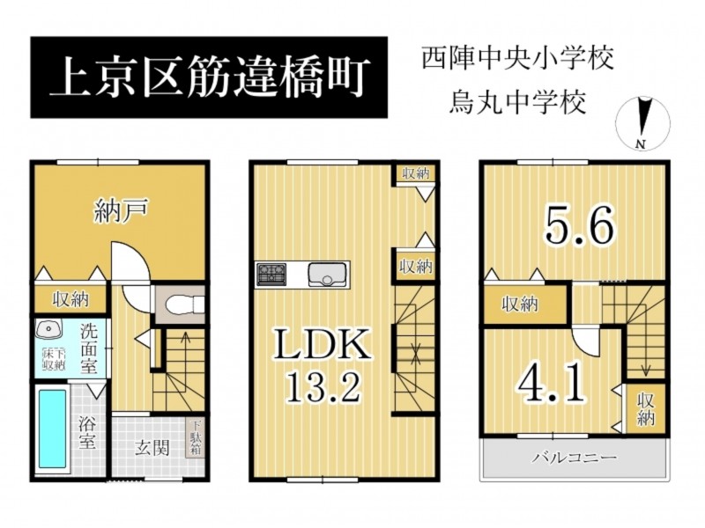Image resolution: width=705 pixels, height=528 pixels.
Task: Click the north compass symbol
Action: [x=643, y=123]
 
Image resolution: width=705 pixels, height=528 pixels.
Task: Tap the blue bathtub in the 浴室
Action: [x=53, y=429]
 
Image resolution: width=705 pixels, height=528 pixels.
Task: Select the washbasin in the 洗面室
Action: [x=48, y=330]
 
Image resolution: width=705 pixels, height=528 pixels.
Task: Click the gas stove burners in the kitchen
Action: [x=271, y=274]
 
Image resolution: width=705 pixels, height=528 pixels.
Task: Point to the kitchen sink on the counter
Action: [x=327, y=274]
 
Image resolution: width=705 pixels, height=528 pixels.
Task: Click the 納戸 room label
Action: [x=122, y=211]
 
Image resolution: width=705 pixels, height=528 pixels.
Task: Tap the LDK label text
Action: [x=323, y=343]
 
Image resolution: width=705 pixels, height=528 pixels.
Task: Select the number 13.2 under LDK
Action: [x=323, y=386]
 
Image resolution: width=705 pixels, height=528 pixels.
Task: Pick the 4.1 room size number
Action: [x=552, y=385]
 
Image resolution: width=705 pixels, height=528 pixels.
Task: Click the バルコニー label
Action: [x=575, y=458]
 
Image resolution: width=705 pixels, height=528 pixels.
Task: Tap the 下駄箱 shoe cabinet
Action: [x=197, y=437]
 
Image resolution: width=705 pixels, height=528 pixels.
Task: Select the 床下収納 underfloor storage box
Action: [x=54, y=359]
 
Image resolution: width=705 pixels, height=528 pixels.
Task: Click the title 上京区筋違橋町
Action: [x=210, y=77]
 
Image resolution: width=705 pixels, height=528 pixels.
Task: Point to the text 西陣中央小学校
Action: [x=518, y=59]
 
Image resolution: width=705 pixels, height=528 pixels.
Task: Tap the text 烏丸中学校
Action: [x=518, y=103]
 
